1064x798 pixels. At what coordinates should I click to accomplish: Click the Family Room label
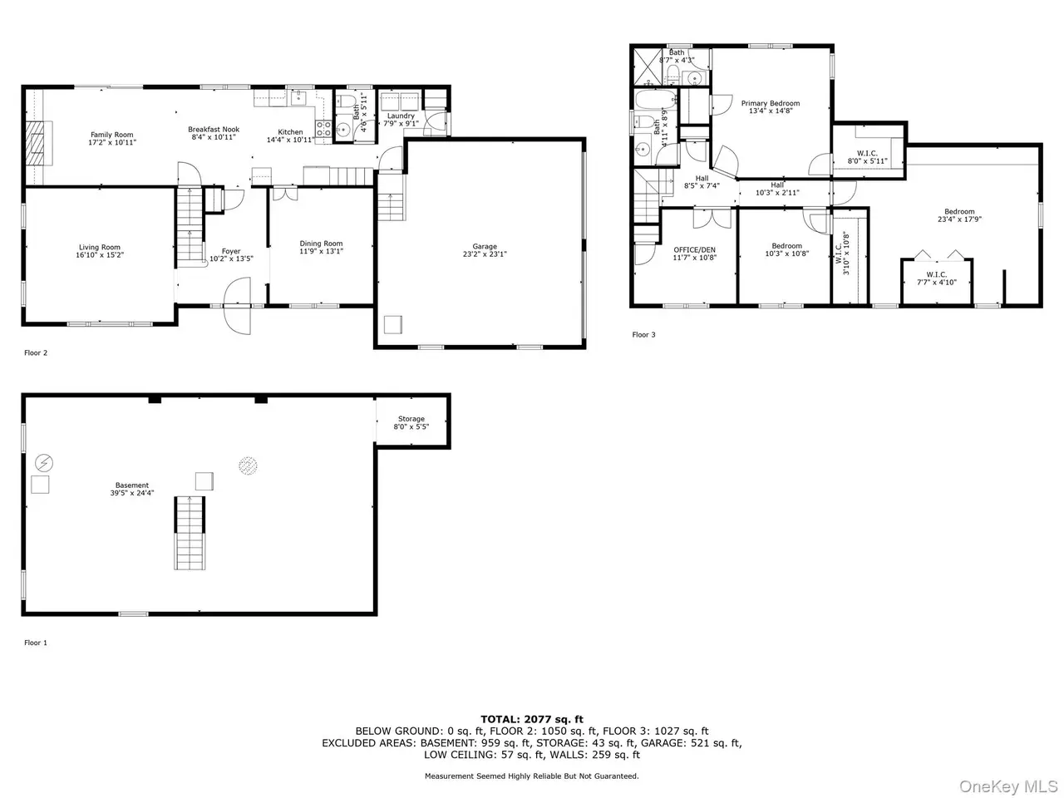click(111, 135)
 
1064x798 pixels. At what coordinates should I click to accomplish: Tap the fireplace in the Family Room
click(38, 143)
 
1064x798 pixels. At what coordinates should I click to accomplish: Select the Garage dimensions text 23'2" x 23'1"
click(485, 254)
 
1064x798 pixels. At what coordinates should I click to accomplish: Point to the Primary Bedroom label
click(770, 103)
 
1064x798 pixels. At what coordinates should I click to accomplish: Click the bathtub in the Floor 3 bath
click(655, 99)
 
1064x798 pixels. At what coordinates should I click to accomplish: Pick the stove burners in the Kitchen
click(323, 129)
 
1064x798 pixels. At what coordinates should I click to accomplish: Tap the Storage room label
click(411, 419)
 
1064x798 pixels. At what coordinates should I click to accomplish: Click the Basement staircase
click(190, 533)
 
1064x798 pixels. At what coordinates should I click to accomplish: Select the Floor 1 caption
click(36, 643)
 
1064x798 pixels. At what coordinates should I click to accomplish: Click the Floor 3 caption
click(643, 334)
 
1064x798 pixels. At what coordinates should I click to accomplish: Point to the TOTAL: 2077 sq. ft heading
click(532, 719)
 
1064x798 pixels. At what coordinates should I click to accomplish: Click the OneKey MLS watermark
click(1008, 786)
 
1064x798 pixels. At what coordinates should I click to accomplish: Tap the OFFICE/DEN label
click(694, 250)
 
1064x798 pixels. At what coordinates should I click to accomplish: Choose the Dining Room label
click(321, 244)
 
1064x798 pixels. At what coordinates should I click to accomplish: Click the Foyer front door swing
click(237, 306)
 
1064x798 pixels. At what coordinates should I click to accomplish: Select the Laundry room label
click(401, 116)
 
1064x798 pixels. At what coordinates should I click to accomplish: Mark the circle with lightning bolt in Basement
click(43, 463)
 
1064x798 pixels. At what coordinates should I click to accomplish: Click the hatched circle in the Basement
click(248, 465)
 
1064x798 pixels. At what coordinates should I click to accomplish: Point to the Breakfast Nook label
click(214, 130)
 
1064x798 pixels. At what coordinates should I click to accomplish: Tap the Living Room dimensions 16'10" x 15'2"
click(100, 255)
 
